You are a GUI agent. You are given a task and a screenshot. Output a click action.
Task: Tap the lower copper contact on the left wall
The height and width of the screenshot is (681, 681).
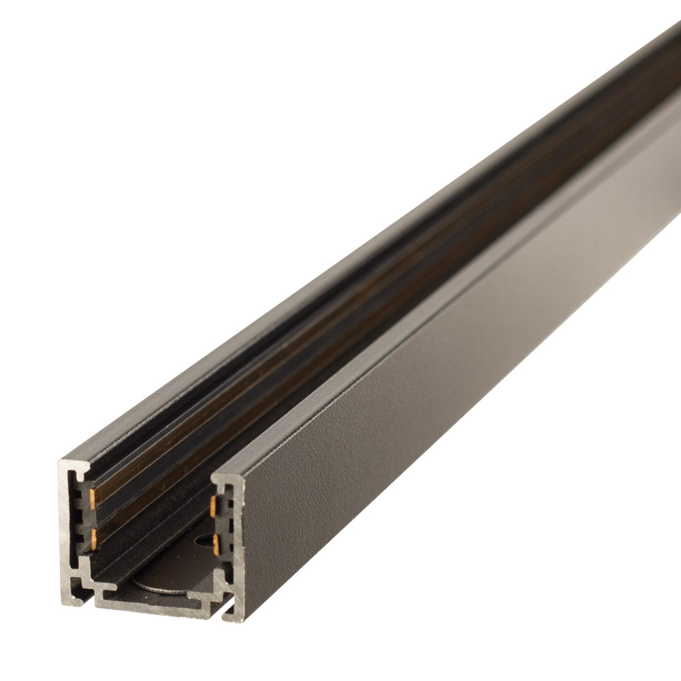92,535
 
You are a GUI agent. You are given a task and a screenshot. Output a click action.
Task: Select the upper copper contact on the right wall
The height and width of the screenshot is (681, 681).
215,505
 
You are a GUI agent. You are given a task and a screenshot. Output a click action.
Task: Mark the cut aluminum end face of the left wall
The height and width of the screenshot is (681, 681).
69,518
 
